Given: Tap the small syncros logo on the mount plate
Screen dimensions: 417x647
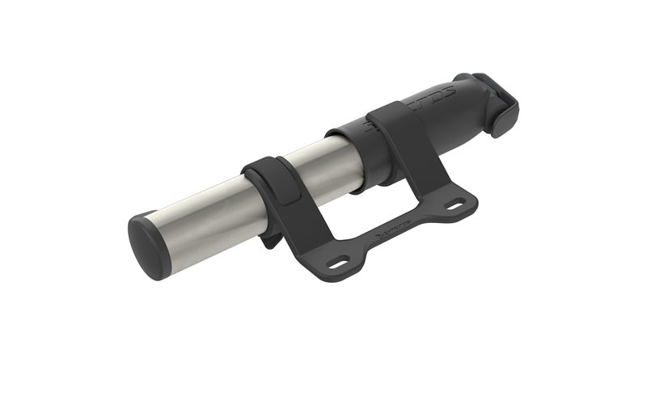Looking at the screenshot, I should pyautogui.click(x=396, y=237).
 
